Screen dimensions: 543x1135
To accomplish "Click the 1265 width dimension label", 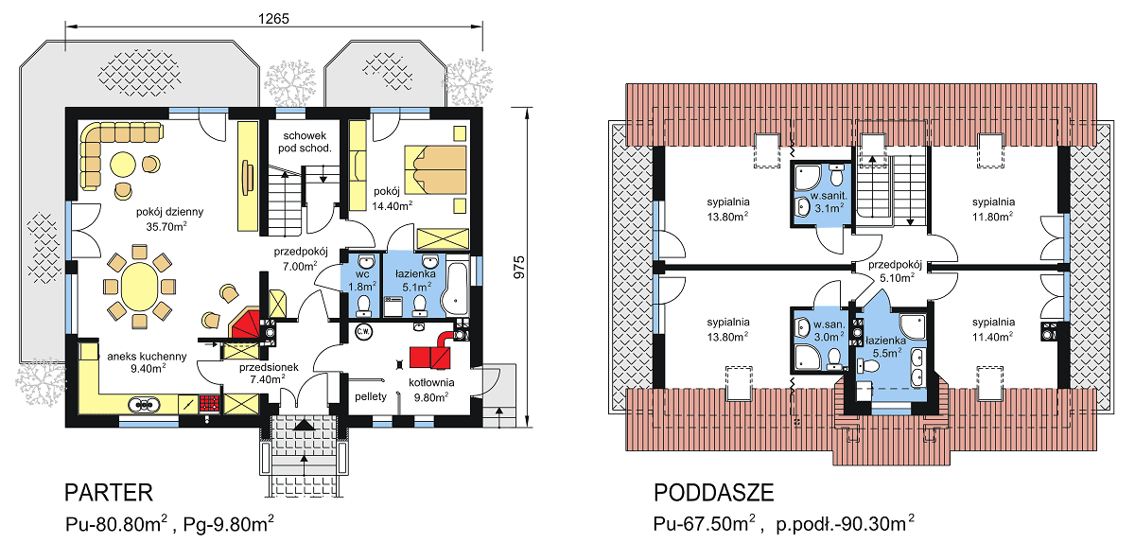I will click(273, 18).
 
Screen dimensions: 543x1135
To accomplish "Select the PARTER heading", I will click(108, 493).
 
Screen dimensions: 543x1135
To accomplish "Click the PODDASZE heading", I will click(713, 493).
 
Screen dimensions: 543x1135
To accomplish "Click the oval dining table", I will click(139, 285).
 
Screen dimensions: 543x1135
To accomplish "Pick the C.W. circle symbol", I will click(363, 332).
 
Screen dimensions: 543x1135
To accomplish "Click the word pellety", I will click(371, 395).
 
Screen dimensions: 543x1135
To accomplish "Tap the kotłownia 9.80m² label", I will click(428, 390).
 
